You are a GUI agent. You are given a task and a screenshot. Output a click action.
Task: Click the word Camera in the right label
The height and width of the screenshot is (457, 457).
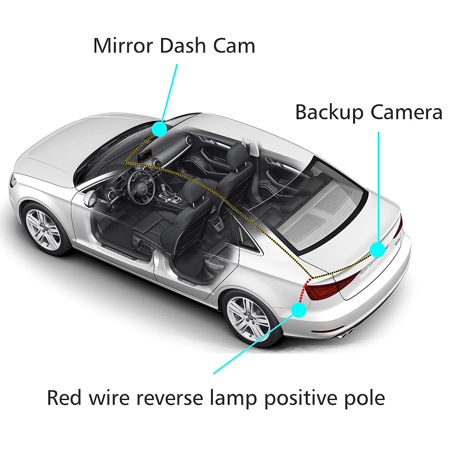(407, 113)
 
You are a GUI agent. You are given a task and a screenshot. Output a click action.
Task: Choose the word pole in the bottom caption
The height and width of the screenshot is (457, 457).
(366, 398)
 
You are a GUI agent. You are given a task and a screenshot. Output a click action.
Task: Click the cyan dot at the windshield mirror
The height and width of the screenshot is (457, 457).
(159, 129)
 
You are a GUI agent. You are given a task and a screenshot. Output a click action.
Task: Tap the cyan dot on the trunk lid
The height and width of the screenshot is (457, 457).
(377, 249)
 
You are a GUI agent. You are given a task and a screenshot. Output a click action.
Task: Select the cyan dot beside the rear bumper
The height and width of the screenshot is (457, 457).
(299, 310)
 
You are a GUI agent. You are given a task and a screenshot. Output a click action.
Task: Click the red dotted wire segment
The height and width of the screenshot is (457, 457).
(304, 290)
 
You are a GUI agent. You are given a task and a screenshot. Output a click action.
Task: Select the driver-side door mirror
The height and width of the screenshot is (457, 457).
(90, 198)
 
